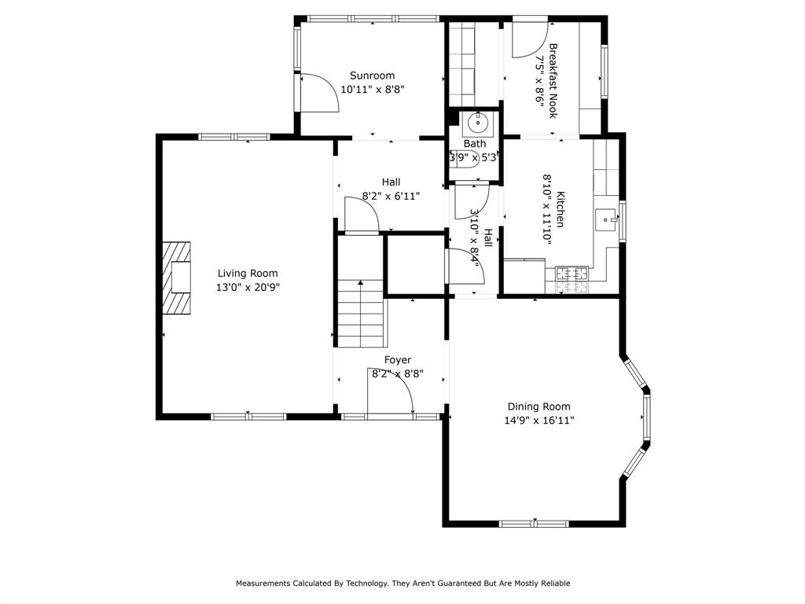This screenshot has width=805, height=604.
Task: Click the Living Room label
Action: [x=248, y=274]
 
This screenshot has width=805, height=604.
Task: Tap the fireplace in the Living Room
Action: [x=177, y=278]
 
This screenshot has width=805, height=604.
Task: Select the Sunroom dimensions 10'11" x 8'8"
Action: [x=373, y=90]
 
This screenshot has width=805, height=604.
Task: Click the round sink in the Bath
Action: [x=477, y=124]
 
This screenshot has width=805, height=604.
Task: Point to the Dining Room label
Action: [x=539, y=407]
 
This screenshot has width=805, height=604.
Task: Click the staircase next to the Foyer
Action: [x=361, y=315]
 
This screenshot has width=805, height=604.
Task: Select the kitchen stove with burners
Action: [x=572, y=274]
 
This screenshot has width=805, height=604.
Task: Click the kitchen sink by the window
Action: [x=606, y=219]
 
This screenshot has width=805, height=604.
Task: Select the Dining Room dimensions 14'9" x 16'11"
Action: [x=539, y=421]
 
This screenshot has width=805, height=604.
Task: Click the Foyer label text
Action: [x=397, y=360]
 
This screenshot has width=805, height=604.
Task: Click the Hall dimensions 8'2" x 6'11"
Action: [x=391, y=196]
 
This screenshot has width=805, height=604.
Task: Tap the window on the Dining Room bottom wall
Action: [x=535, y=523]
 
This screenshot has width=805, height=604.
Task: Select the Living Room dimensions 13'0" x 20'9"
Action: [x=248, y=288]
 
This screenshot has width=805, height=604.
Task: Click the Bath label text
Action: [x=474, y=144]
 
